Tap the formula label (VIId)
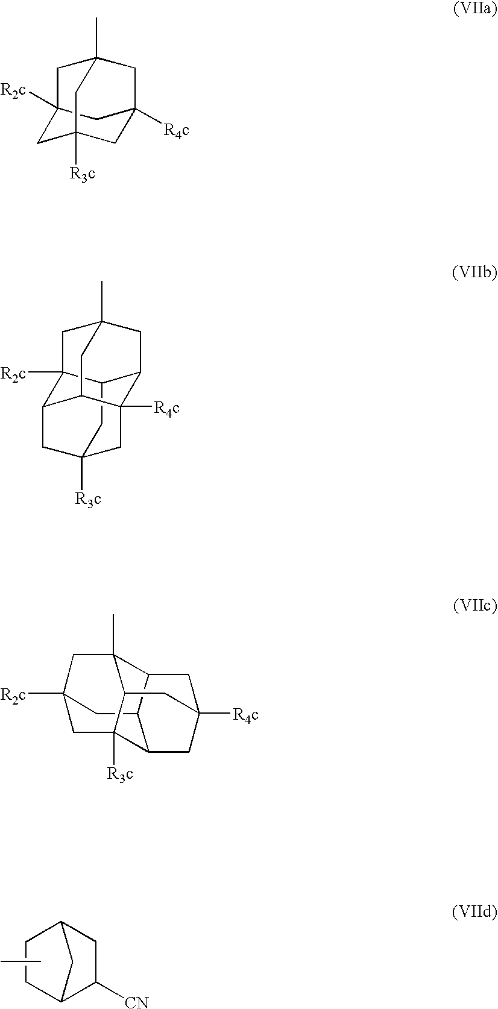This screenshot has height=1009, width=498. (474, 913)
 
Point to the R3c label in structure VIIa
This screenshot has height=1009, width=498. (83, 174)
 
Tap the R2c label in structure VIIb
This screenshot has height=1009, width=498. (13, 374)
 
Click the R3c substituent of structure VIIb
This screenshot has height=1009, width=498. (88, 499)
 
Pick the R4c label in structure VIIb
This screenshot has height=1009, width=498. (166, 409)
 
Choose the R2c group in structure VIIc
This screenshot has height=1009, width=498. (13, 695)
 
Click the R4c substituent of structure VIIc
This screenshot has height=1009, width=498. (245, 715)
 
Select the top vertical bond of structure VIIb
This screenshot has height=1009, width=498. (101, 301)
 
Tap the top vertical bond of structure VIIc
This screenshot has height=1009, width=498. (113, 634)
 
